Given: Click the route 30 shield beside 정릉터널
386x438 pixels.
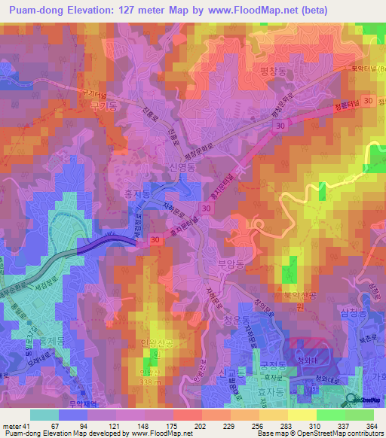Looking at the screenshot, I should click(x=367, y=100).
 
